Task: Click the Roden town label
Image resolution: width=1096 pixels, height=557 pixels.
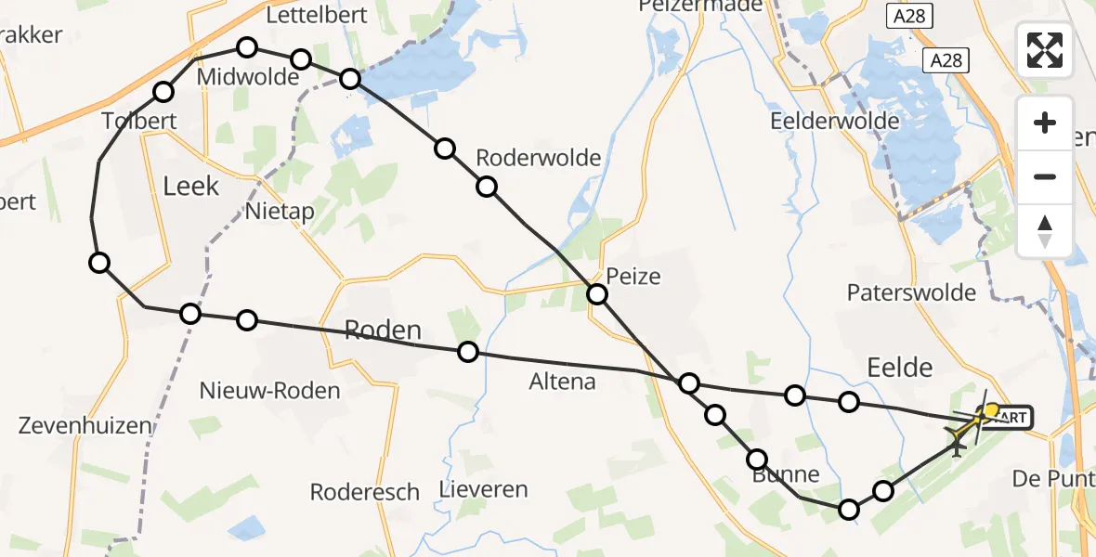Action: point(383,330)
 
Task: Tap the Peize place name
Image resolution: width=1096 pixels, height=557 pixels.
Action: point(633,276)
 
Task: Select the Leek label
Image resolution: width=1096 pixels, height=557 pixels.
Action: point(191,186)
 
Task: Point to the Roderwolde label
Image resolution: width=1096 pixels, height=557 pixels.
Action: point(538,158)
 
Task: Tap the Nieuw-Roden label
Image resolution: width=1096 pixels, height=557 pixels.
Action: point(270,391)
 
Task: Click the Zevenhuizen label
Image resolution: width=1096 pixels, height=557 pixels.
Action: point(85,426)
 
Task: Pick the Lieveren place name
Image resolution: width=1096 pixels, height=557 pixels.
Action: point(484,489)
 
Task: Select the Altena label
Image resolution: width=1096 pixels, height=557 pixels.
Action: point(561,381)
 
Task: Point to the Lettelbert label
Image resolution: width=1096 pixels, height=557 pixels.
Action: point(316,15)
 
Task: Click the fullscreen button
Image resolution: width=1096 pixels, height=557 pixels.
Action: point(1045,50)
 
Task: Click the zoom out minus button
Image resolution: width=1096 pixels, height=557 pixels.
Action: point(1045,176)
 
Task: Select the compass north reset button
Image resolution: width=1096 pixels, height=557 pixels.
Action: point(1045,230)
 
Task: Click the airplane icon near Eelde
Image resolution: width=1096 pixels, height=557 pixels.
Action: point(956,436)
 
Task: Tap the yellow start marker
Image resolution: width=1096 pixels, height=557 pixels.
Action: point(991,410)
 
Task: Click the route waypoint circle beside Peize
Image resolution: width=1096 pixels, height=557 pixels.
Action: point(597,295)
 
